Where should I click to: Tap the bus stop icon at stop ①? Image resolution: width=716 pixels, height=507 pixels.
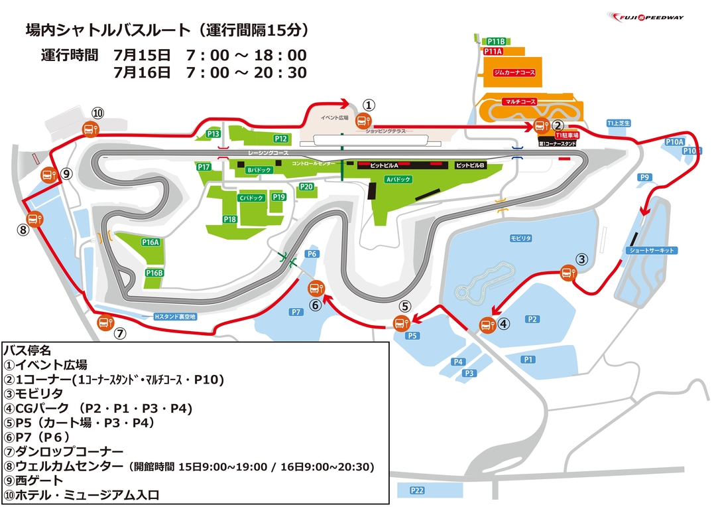point(363,120)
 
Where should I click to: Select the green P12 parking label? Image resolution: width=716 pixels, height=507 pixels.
point(281,139)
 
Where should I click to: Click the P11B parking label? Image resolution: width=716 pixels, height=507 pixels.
point(496,41)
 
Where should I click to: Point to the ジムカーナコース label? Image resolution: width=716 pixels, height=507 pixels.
point(514,70)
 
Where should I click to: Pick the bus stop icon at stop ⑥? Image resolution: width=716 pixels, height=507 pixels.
point(316,289)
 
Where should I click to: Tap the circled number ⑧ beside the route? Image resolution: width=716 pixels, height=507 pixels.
point(23,230)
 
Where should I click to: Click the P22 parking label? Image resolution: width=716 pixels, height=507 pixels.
point(416,490)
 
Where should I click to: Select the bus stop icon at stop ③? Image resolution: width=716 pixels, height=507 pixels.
point(568,271)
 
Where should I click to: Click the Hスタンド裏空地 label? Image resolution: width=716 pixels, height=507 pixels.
point(175,317)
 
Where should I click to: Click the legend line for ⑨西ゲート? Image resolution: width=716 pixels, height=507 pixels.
point(34,480)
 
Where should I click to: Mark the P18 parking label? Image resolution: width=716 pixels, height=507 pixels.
point(230,219)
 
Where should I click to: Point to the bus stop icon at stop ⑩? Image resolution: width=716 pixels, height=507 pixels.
point(89,129)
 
